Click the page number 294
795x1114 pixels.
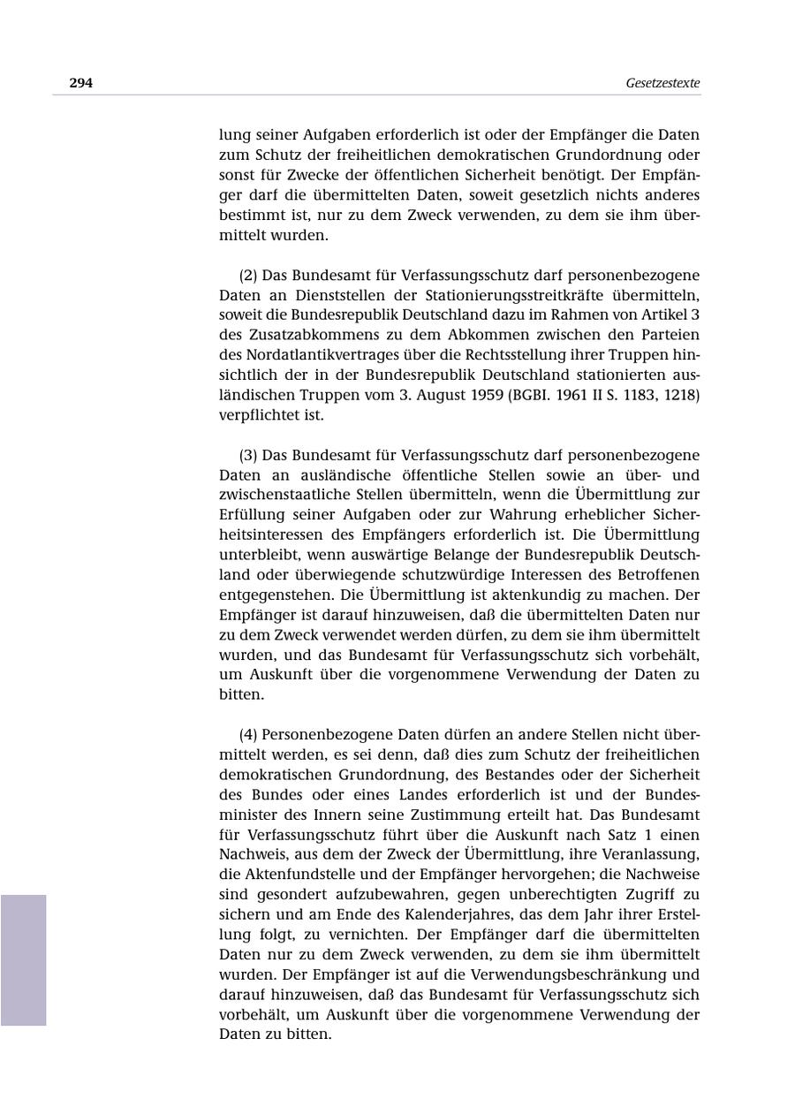[81, 83]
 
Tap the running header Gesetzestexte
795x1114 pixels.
[662, 83]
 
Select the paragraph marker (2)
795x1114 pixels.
[248, 275]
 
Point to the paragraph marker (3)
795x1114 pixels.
[248, 455]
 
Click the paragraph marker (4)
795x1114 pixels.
[248, 734]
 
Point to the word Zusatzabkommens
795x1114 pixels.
[300, 335]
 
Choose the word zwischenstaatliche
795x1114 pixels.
[289, 495]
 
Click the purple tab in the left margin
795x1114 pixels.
[23, 959]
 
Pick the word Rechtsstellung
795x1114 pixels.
[519, 355]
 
